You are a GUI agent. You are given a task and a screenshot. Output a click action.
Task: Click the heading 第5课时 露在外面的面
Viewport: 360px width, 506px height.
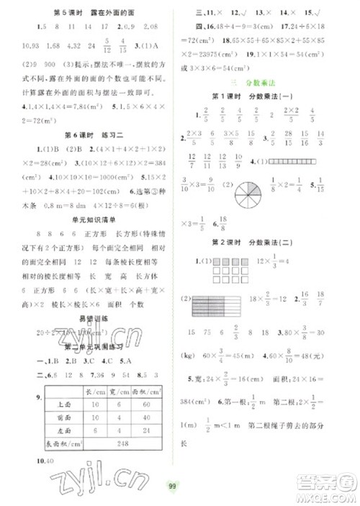point(89,12)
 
